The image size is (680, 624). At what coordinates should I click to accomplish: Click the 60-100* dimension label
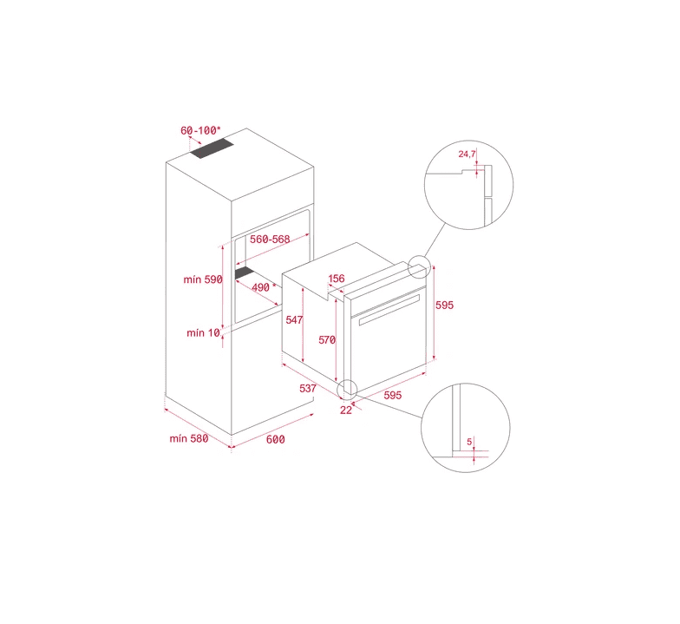200,130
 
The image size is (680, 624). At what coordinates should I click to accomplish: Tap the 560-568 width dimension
270,240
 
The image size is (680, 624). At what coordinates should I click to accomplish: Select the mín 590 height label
203,279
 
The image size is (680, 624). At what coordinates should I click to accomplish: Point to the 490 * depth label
264,287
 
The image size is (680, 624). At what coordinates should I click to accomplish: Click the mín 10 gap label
203,333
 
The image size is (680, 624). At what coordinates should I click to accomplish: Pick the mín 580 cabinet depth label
189,439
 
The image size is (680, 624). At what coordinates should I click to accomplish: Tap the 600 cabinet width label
276,439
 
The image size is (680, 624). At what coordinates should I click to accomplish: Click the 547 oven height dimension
294,319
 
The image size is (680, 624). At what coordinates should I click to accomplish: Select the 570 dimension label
327,340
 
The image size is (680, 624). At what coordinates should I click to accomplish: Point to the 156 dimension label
337,279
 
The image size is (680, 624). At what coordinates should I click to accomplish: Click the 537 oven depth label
307,389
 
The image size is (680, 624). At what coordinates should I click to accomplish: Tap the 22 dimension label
345,410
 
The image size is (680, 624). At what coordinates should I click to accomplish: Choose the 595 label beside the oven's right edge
444,305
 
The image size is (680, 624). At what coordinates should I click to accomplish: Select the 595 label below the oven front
392,396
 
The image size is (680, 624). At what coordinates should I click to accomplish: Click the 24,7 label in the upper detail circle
467,154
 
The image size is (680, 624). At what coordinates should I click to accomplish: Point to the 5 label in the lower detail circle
469,443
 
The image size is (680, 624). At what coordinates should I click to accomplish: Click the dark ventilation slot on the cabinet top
212,148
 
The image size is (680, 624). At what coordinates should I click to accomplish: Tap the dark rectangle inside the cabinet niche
244,273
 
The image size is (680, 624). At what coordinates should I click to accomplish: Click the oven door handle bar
389,309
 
